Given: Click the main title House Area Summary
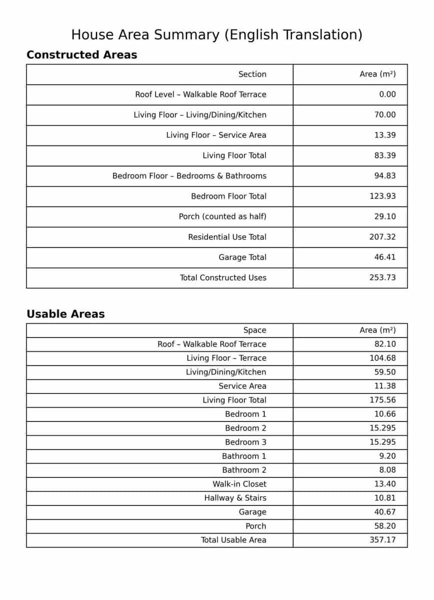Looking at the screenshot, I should (216, 34).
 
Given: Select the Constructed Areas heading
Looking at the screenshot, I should (81, 55).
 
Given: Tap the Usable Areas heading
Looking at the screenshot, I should (65, 314).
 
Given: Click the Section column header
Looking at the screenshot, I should (252, 74).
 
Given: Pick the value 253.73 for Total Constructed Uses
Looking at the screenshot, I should (382, 277).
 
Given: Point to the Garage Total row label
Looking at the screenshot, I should (242, 257).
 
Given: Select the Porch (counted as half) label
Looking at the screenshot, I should (222, 216).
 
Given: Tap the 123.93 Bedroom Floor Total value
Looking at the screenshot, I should (382, 196).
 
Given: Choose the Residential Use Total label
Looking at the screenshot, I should (227, 237).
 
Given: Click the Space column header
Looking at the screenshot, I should (254, 330).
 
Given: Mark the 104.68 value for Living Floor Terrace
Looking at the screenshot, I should (382, 358).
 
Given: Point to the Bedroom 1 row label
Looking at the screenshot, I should (245, 414).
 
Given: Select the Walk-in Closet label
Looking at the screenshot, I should (239, 484).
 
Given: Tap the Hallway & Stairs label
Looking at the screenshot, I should (235, 498).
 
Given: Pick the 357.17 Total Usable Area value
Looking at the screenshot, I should (382, 540).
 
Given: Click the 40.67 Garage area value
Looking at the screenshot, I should (384, 512).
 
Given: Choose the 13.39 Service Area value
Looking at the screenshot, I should (384, 135).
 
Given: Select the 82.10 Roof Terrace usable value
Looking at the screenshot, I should (384, 344).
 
